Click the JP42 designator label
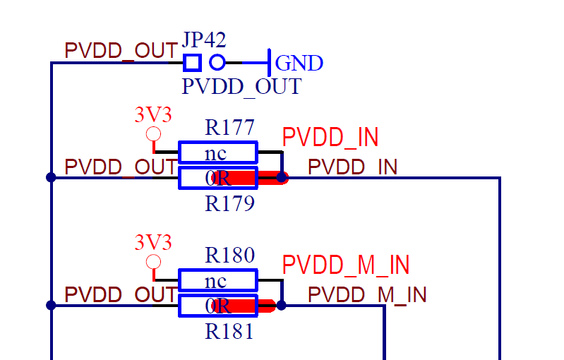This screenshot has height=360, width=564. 205,40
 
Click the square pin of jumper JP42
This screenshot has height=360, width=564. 192,63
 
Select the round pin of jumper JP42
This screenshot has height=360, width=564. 217,63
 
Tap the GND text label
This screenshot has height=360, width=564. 299,64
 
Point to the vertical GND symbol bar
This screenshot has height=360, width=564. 269,63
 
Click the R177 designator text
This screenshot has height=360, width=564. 229,128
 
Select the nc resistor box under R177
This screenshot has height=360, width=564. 217,152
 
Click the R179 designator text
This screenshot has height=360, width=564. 229,204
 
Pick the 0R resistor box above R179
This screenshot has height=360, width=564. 217,178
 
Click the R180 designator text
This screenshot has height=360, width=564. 229,256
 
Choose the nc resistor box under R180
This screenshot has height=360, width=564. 217,280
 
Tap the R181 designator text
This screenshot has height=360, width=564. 229,332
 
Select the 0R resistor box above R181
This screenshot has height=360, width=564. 217,306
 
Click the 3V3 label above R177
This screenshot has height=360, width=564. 153,114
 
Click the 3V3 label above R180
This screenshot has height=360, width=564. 153,243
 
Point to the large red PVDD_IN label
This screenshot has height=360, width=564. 330,138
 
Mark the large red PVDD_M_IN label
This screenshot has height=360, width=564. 346,265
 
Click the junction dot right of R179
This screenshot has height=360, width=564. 282,178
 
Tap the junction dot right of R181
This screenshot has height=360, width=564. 282,306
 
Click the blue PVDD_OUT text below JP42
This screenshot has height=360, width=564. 241,87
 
